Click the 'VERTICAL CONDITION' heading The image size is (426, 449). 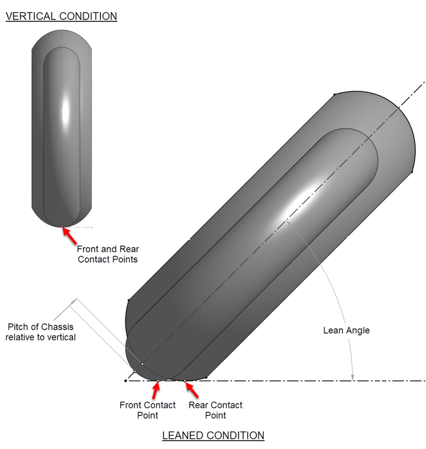point(61,16)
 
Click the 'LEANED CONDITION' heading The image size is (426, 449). point(213,435)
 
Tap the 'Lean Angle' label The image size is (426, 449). point(346,330)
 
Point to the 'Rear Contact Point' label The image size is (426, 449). point(215,410)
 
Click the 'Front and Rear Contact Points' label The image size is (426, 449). point(108,254)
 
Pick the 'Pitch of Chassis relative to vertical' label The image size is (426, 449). point(41,331)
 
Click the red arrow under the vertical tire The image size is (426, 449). point(70,235)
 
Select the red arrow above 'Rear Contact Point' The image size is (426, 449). point(192,390)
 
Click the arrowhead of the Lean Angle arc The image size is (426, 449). point(353,376)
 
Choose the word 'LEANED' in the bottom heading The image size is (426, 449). point(183,435)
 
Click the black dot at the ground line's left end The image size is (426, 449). point(125,380)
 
